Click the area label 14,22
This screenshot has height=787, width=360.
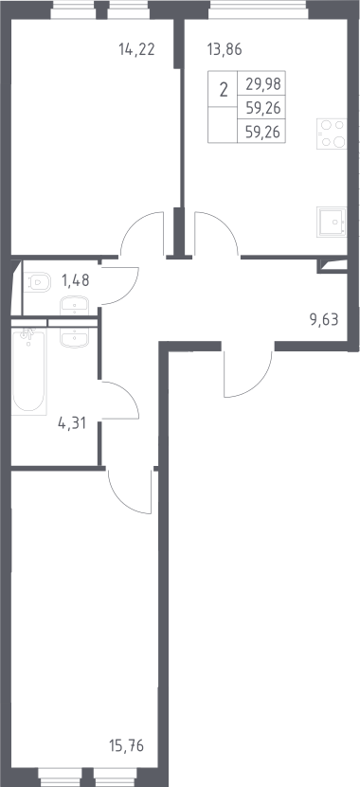136,49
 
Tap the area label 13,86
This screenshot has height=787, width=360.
225,49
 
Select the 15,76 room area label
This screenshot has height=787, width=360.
126,746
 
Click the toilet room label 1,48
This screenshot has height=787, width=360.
75,280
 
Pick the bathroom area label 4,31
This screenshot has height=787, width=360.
72,423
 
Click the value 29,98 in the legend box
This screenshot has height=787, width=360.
262,83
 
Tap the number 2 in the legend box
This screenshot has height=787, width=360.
224,90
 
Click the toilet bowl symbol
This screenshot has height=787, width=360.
38,281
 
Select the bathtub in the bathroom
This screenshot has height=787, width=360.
29,371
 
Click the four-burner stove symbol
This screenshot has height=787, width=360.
332,134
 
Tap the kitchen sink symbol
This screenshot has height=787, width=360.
332,223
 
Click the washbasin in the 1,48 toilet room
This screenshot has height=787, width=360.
74,305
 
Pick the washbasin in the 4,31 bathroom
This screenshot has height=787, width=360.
74,337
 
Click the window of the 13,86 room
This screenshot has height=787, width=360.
258,10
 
